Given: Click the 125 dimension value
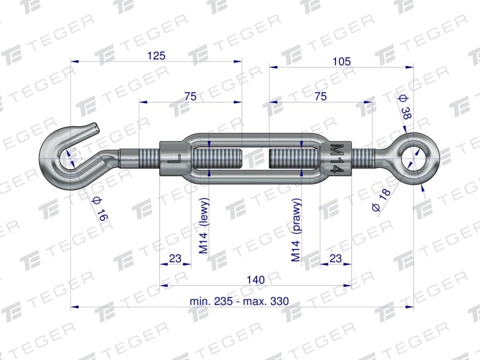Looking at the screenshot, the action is pos(156,56).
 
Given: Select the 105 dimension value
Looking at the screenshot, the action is pos(341,61).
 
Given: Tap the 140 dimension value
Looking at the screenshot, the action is pos(255,280).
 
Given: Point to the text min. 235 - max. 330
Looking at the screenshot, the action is pos(239,301).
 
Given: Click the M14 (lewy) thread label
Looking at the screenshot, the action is pos(204,226).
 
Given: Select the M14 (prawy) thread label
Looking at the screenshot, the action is pos(296,230).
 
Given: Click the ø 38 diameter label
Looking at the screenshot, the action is pos(405,107).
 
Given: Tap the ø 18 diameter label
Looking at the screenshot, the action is pos(381,200).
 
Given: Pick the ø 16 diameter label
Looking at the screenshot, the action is pos(100,209).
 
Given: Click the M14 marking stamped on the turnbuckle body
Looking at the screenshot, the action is pos(338,158).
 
